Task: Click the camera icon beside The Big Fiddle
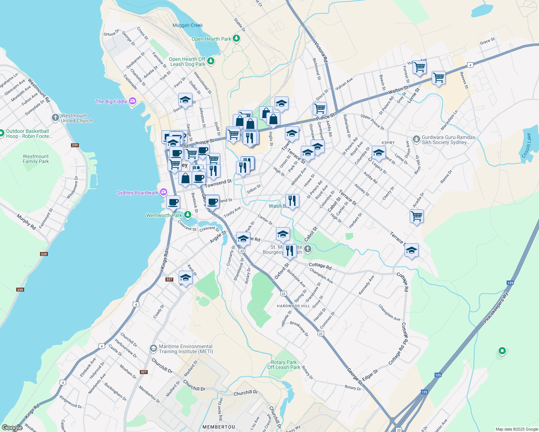click(x=132, y=101)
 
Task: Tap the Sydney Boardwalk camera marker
click(x=164, y=192)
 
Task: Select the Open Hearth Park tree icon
click(x=236, y=38)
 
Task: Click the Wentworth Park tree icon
click(x=187, y=215)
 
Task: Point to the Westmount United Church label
click(x=76, y=118)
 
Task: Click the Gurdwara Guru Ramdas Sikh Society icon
click(x=416, y=139)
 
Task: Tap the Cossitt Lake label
click(x=527, y=145)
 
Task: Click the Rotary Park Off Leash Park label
click(x=284, y=365)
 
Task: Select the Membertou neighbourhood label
click(x=219, y=427)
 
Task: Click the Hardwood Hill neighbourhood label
click(x=293, y=306)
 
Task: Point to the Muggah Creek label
click(x=188, y=25)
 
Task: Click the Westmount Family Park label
click(x=36, y=159)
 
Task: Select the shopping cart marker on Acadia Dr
click(x=416, y=216)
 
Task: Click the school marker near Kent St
click(x=186, y=278)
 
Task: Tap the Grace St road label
click(x=487, y=41)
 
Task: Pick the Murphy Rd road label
click(x=26, y=222)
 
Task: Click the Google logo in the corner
click(x=12, y=428)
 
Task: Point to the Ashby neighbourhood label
click(x=388, y=143)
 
